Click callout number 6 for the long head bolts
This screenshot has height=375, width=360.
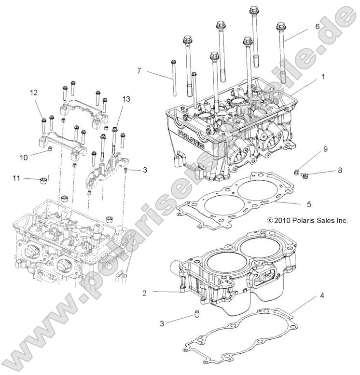tap(317, 27)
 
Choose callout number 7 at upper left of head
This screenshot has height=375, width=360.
tap(138, 71)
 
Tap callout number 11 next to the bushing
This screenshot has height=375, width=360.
tap(16, 178)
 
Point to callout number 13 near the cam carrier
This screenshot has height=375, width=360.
tap(126, 99)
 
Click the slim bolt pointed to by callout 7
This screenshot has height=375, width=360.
tap(172, 77)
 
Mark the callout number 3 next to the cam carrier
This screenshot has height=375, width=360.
tap(144, 170)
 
